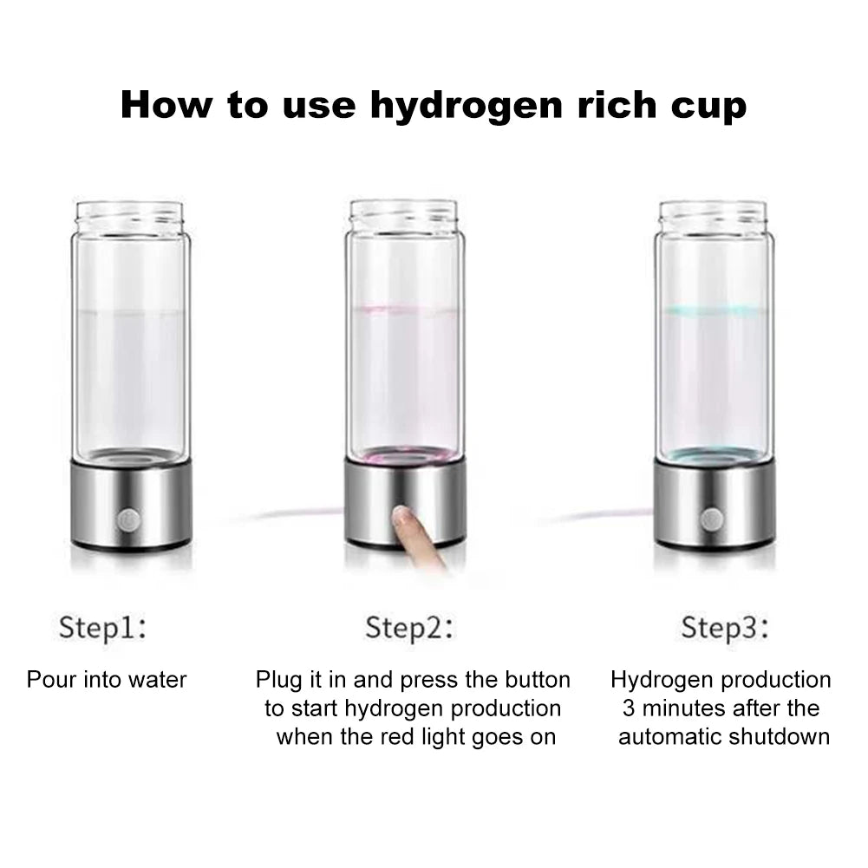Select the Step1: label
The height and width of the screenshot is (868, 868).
coord(102,627)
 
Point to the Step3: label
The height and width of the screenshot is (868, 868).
coord(725,627)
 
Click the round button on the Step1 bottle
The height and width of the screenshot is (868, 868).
coord(127,520)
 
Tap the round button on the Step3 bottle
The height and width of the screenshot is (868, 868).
coord(712,519)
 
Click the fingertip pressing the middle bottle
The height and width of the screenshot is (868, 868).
coord(403,518)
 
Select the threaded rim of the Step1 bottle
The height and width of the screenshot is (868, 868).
coord(130,216)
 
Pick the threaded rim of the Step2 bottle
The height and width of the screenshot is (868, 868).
coord(403,214)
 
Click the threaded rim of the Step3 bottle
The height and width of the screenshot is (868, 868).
coord(713,215)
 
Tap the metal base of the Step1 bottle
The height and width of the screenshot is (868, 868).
coord(130,507)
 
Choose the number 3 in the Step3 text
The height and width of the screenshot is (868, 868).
coord(628,708)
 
